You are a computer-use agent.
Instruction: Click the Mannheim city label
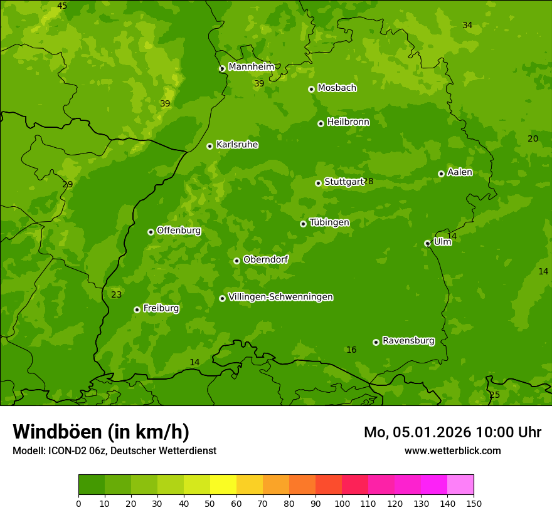tap(251, 66)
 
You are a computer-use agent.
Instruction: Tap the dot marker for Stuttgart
tap(318, 183)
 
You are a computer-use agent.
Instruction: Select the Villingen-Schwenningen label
tap(280, 297)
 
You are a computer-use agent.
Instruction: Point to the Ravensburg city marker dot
tap(376, 342)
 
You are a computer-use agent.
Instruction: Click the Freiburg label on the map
tap(161, 308)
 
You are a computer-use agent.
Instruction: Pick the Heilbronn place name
tap(348, 122)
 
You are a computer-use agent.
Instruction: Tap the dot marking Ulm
tap(427, 243)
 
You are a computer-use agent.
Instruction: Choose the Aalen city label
tap(460, 172)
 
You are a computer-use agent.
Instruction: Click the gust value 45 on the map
tap(62, 6)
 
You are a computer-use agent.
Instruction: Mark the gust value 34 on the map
tap(467, 25)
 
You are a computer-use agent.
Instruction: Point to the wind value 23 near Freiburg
tap(117, 294)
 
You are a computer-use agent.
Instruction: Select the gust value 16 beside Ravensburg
tap(351, 350)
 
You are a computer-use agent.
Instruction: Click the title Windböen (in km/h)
tap(101, 432)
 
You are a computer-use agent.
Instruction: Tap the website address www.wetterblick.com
tap(452, 450)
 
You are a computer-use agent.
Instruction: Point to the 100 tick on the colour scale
tap(342, 503)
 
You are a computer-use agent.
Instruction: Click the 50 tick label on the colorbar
tap(210, 503)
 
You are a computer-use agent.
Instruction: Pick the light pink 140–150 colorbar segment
tap(460, 485)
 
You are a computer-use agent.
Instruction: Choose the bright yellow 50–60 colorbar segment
tap(223, 485)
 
